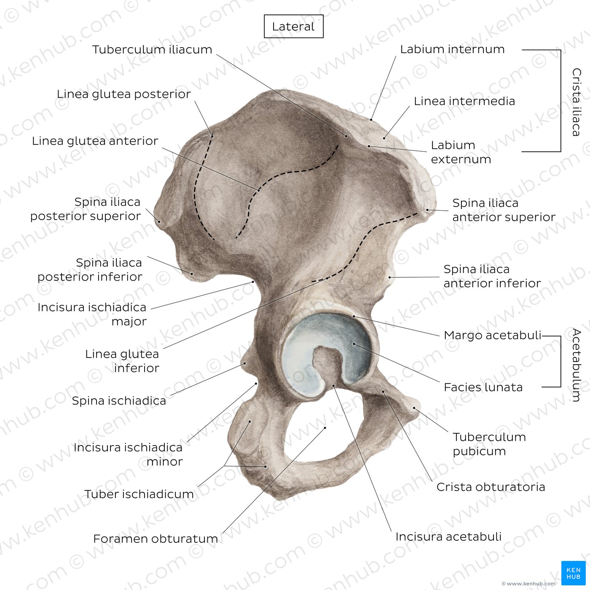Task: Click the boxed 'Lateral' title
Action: point(293,27)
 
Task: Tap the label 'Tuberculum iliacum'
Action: point(152,50)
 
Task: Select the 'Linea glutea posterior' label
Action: point(124,94)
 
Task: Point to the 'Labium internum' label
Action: point(452,49)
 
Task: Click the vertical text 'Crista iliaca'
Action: point(577,102)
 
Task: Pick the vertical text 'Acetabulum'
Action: point(577,365)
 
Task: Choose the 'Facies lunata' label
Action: point(483,387)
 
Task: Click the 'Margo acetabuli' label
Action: point(493,335)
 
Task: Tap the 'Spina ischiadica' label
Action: point(119,401)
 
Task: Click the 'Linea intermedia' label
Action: point(464,101)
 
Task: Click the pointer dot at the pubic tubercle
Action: point(414,408)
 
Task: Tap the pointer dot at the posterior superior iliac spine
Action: point(159,221)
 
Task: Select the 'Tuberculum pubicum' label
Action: point(489,444)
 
